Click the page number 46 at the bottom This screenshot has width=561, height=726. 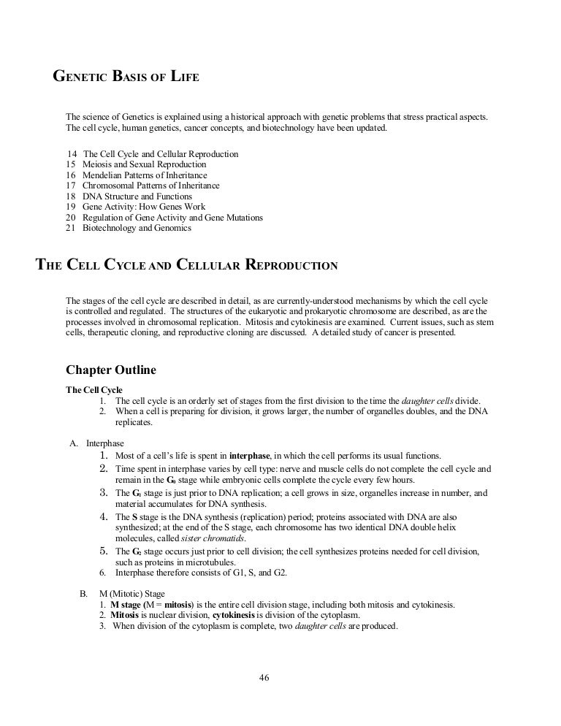(264, 677)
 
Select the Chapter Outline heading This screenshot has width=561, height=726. (110, 370)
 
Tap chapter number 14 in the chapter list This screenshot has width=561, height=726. (71, 155)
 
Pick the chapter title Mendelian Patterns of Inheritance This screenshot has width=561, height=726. (145, 175)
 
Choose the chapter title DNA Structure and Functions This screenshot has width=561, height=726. (137, 196)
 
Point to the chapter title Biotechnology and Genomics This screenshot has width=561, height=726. (137, 228)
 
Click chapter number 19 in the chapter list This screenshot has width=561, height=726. (71, 207)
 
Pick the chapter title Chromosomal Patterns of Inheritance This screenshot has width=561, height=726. (151, 186)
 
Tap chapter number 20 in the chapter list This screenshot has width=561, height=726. (71, 218)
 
